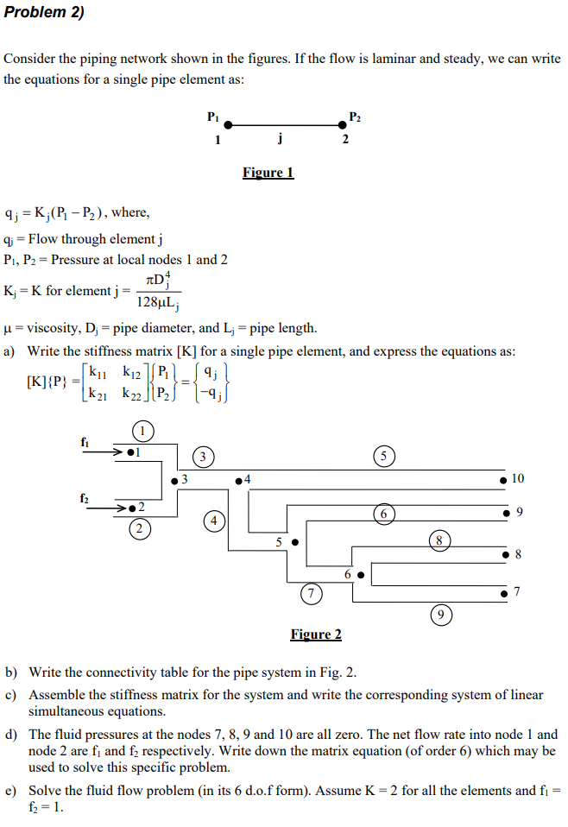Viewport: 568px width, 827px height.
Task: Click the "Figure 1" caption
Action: coord(268,173)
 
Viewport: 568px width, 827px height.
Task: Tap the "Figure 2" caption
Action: coord(315,634)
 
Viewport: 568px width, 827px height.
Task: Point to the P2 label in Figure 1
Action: coord(355,116)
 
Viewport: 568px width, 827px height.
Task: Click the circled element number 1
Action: coord(143,431)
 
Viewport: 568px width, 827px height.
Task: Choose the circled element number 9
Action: coord(440,615)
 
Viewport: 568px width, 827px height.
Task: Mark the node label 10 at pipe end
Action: coord(518,478)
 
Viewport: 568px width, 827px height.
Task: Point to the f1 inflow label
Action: coord(85,441)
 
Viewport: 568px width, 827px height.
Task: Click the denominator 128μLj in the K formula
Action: coord(156,302)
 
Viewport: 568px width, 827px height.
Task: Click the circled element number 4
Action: coord(212,520)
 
